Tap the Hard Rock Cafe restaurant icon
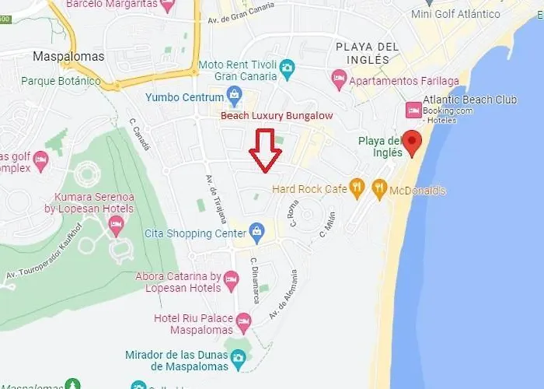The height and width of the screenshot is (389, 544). pyautogui.click(x=357, y=187)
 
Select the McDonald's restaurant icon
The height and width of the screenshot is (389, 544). pyautogui.click(x=379, y=187)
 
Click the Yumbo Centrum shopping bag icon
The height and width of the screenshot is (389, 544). pyautogui.click(x=234, y=96)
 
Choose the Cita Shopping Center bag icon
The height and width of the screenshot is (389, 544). pyautogui.click(x=256, y=231)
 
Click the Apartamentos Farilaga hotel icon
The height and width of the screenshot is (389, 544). pyautogui.click(x=339, y=79)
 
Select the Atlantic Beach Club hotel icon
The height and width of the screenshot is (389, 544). pyautogui.click(x=413, y=111)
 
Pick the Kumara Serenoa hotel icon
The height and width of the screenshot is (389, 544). pyautogui.click(x=117, y=225)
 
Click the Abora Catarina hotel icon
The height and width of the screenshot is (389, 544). pyautogui.click(x=231, y=279)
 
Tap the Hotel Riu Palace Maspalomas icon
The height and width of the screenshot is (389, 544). pyautogui.click(x=243, y=320)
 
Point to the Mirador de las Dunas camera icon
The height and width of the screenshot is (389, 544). pyautogui.click(x=238, y=356)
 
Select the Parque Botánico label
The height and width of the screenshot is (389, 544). pyautogui.click(x=61, y=81)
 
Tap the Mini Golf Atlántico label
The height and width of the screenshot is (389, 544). pyautogui.click(x=455, y=14)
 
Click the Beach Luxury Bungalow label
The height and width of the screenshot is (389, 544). pyautogui.click(x=277, y=116)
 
